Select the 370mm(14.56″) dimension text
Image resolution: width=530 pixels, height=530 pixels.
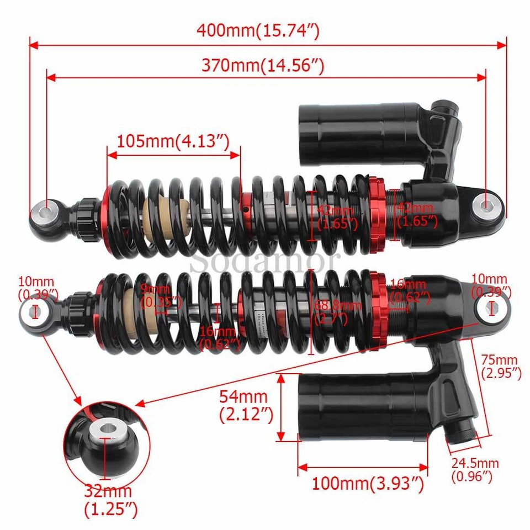click(262, 66)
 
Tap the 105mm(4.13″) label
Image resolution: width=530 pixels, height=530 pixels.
click(172, 141)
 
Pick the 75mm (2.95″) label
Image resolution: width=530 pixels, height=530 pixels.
click(501, 366)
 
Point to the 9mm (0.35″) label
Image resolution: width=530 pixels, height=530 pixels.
click(160, 295)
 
